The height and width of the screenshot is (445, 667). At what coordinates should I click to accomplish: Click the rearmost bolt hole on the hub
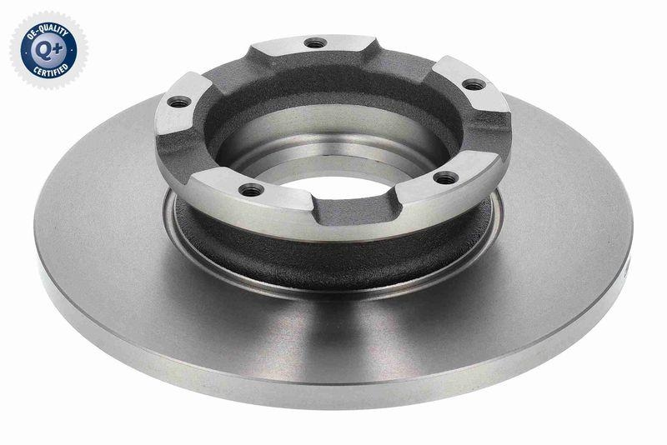[x=314, y=42]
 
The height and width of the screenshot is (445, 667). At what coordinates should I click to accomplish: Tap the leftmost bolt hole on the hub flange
[x=178, y=103]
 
